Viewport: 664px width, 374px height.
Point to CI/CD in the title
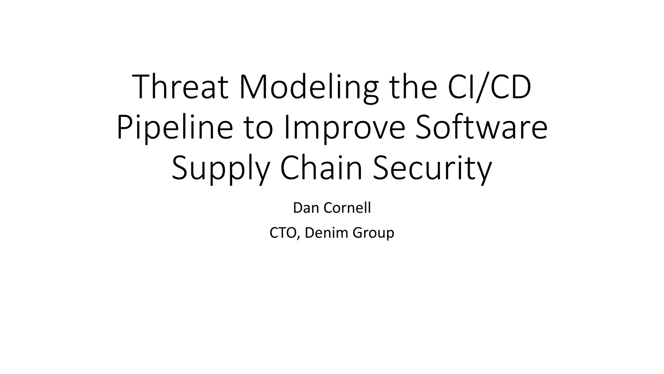point(490,87)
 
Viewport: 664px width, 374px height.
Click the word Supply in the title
point(220,169)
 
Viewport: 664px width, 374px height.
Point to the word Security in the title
point(433,169)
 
